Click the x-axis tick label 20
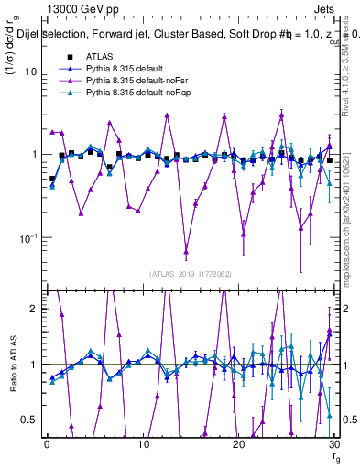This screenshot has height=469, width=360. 238,443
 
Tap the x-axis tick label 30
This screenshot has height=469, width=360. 334,443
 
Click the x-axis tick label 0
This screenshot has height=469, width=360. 46,443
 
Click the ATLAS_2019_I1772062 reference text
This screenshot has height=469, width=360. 190,273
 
